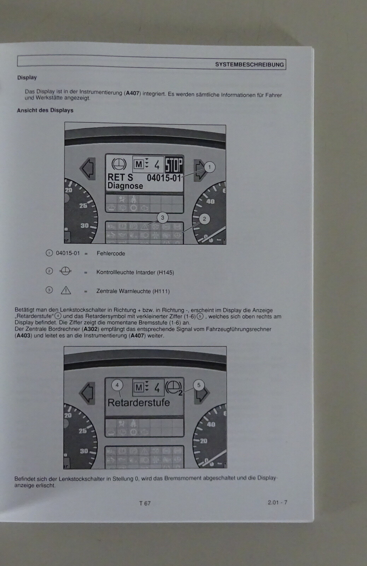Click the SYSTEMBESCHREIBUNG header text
(x=249, y=64)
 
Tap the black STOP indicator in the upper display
(x=174, y=165)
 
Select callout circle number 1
(x=209, y=167)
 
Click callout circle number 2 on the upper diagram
(x=204, y=219)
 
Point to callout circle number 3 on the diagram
(x=162, y=218)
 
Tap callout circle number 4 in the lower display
(x=117, y=385)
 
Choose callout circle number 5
(x=199, y=385)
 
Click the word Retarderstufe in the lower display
(x=139, y=403)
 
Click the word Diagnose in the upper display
(x=125, y=186)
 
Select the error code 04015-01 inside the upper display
(x=164, y=178)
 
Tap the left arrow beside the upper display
(x=88, y=169)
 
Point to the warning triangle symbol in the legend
(x=66, y=290)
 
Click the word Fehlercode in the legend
(x=111, y=253)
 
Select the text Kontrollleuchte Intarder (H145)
(x=135, y=272)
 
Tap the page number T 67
(x=145, y=503)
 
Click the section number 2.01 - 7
(x=277, y=502)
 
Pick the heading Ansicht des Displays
(x=45, y=110)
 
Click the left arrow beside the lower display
(x=87, y=393)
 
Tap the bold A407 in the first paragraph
(x=133, y=93)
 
